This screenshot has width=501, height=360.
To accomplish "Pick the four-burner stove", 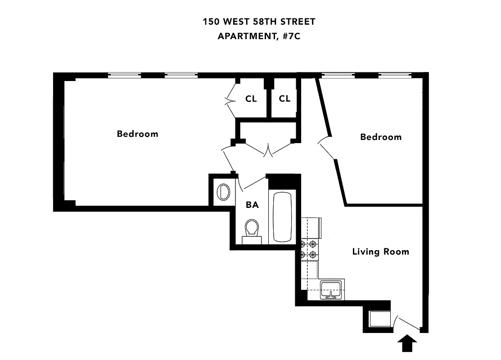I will pyautogui.click(x=310, y=250).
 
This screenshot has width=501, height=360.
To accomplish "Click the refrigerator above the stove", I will pyautogui.click(x=312, y=228).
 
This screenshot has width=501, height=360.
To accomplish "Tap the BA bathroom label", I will pyautogui.click(x=252, y=205).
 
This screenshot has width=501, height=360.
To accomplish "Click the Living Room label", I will pyautogui.click(x=380, y=252).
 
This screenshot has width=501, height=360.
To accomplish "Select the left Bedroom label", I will pyautogui.click(x=137, y=134).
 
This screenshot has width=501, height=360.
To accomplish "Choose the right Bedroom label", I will pyautogui.click(x=381, y=137).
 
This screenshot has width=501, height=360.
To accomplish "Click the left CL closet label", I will pyautogui.click(x=251, y=99).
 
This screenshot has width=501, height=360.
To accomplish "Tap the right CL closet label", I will pyautogui.click(x=284, y=99).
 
